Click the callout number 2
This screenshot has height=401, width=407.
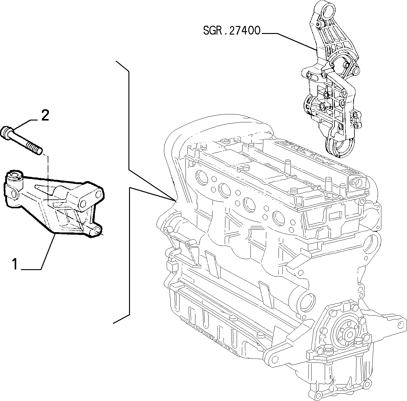pyautogui.click(x=45, y=115)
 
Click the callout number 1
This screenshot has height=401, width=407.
pyautogui.click(x=15, y=264)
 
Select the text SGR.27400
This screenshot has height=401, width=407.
pyautogui.click(x=232, y=30)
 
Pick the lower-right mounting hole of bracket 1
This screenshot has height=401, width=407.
pyautogui.click(x=97, y=230)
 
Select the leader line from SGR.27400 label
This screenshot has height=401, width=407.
pyautogui.click(x=289, y=41)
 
